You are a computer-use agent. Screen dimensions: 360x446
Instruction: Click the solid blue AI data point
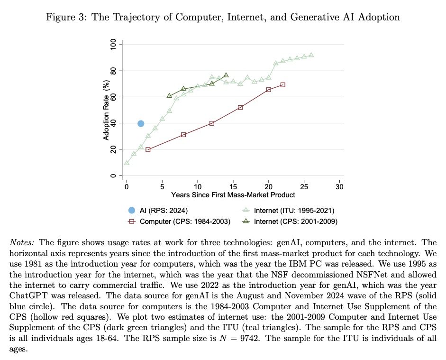(141, 123)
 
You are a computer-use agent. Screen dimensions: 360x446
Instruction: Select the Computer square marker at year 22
(282, 85)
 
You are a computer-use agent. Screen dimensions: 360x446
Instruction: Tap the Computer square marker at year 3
(148, 150)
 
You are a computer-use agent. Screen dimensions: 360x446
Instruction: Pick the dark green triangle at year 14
(226, 75)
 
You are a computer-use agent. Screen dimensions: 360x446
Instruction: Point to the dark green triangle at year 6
(169, 96)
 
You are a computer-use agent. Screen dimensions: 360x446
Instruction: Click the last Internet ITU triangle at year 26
(311, 55)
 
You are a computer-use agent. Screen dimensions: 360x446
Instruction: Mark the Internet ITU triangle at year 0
(127, 163)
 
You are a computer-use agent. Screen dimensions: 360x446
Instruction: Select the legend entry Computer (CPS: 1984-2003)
(178, 221)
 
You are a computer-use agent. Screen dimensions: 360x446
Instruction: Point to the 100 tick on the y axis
(113, 45)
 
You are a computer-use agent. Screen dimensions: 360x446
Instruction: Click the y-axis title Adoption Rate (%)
(106, 110)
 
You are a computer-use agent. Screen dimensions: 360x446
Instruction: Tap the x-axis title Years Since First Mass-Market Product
(233, 194)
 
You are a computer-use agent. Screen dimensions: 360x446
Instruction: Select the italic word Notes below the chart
(21, 242)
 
